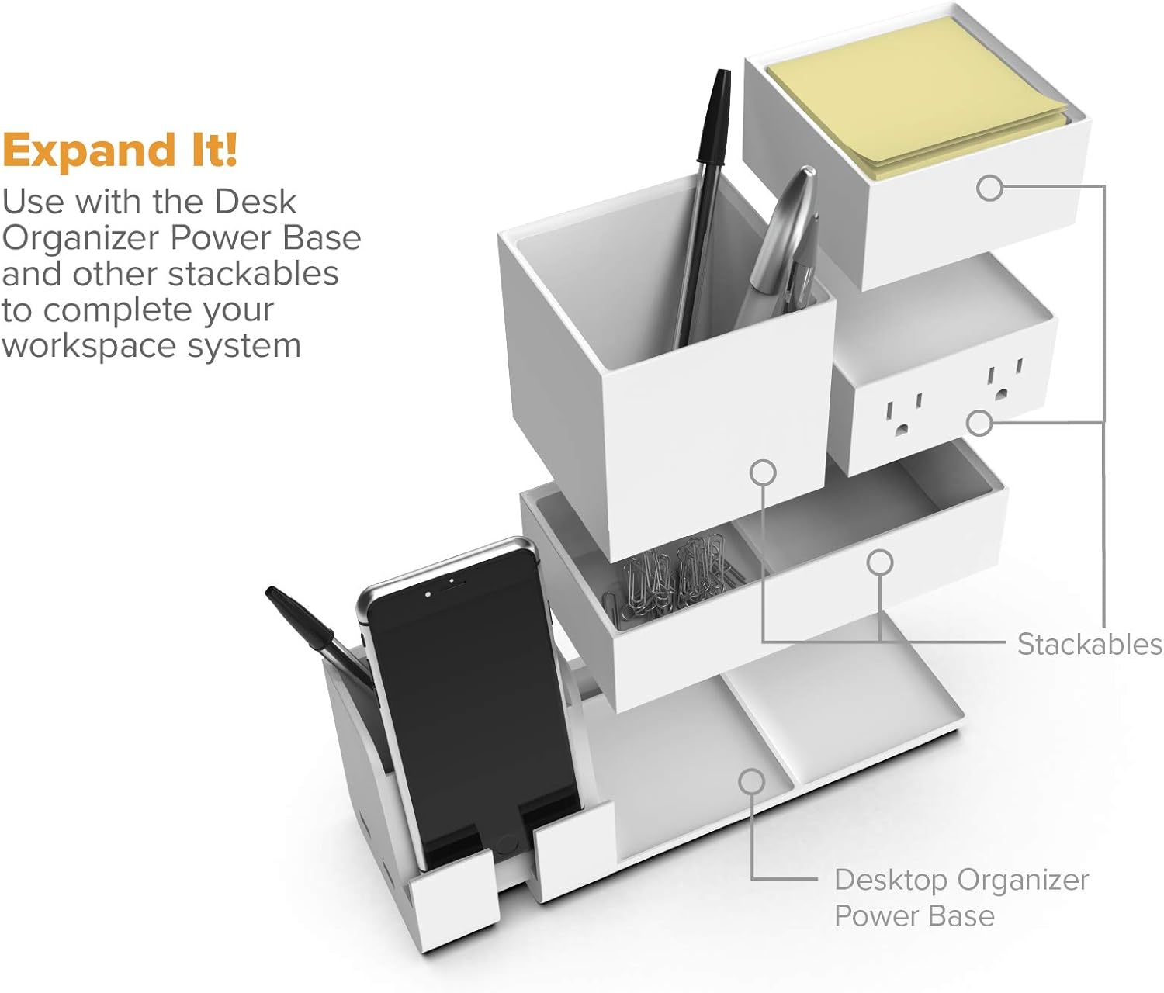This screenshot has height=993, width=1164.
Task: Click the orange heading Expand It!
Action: point(120,150)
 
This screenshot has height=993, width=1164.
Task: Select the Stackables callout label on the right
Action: point(1089,644)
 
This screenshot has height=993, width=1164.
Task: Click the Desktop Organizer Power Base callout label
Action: point(961,898)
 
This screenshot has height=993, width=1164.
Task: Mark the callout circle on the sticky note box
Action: point(989,188)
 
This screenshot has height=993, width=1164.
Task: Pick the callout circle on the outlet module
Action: point(979,423)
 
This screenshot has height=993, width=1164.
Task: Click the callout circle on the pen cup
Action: point(764,472)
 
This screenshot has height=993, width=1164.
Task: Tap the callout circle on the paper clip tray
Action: point(879,562)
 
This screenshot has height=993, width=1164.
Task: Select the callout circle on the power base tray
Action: point(751,781)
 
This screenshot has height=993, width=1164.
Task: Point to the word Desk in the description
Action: point(255,202)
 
